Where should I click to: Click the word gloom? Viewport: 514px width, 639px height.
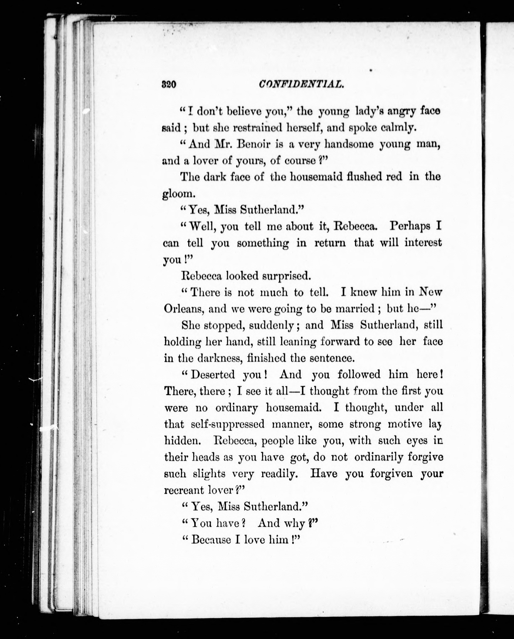(179, 194)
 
